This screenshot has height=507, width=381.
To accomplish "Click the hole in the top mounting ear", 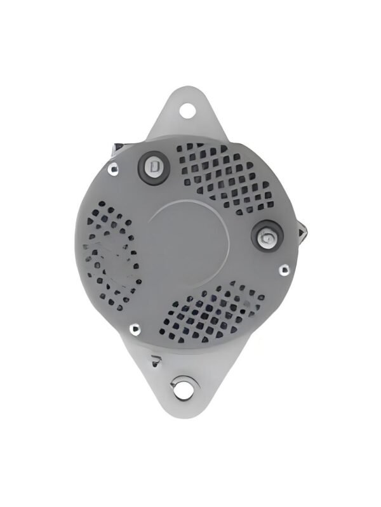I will (x=187, y=110).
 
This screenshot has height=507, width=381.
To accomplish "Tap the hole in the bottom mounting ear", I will (x=184, y=388).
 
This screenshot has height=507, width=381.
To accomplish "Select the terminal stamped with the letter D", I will (x=153, y=167).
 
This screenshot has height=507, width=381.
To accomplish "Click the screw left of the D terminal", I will (x=114, y=169).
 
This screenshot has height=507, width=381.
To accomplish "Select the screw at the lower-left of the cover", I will (x=135, y=329).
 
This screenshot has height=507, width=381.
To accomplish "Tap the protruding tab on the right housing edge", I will (x=304, y=233).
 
